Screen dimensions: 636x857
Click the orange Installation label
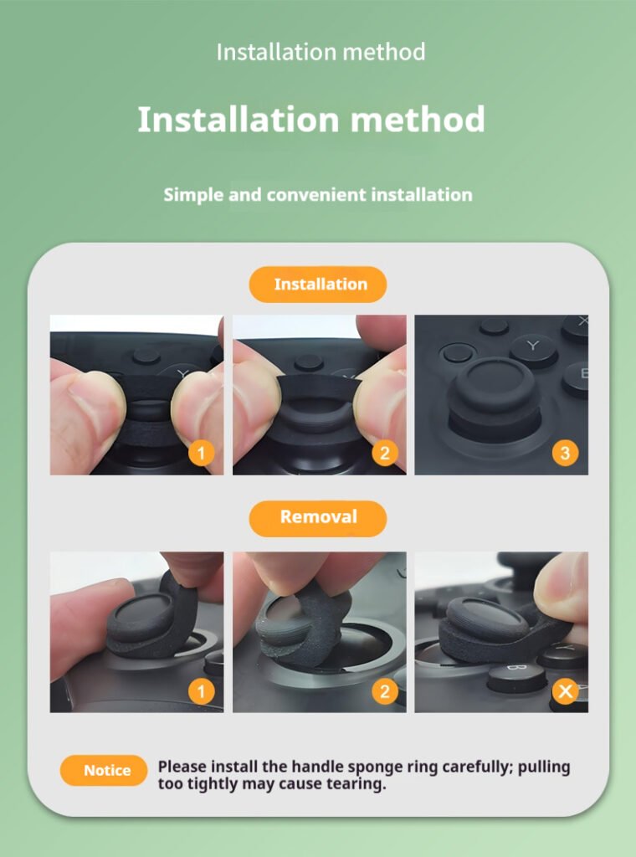[x=317, y=285]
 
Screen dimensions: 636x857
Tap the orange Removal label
[x=317, y=517]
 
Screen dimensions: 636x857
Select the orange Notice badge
[x=104, y=770]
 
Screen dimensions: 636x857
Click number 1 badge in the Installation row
[x=201, y=453]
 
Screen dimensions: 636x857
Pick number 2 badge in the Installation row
[x=385, y=453]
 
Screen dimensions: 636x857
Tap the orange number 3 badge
[x=565, y=453]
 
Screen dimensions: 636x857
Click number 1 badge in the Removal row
[x=201, y=691]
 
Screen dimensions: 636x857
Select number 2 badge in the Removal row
[x=385, y=691]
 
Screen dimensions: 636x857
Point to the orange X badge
[x=565, y=691]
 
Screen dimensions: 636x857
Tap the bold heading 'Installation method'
[x=311, y=119]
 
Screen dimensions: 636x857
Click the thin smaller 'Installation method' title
[x=321, y=52]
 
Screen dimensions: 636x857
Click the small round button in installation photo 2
[x=309, y=362]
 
